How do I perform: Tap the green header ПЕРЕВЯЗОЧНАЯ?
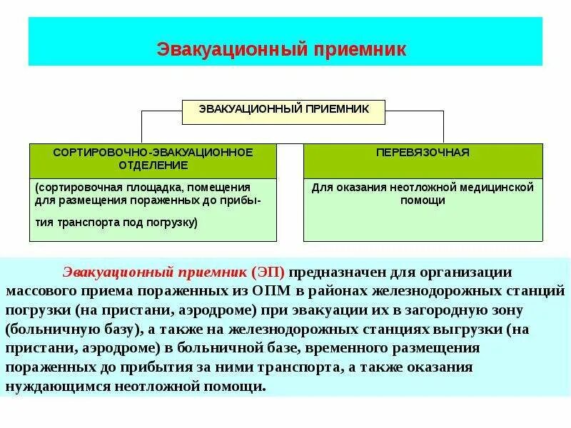(x=423, y=153)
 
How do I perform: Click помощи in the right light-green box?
(x=423, y=200)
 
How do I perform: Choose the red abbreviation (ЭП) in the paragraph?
(x=268, y=272)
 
